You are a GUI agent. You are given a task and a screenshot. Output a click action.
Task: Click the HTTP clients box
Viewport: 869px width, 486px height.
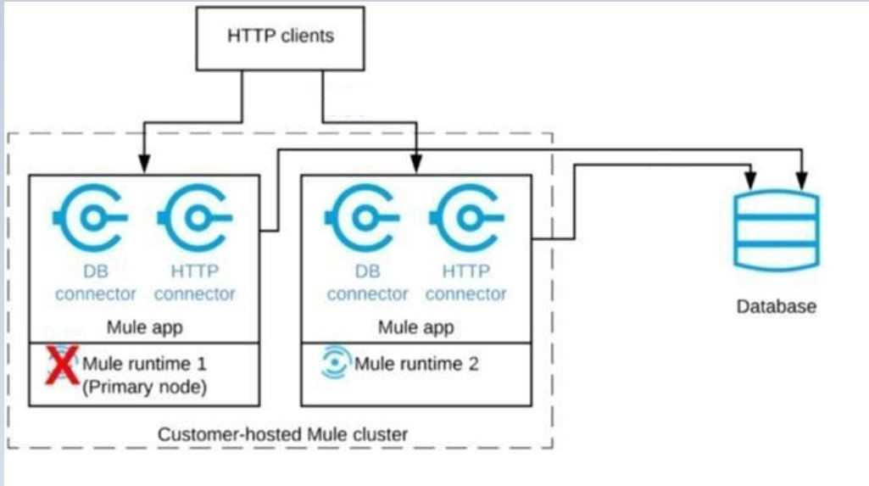tap(281, 38)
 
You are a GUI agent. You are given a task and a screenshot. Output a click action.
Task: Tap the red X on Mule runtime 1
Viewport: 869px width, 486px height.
tap(62, 365)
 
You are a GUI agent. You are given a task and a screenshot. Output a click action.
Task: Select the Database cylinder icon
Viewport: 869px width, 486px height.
tap(777, 231)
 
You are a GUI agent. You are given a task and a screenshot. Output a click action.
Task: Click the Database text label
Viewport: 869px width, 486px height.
tap(776, 306)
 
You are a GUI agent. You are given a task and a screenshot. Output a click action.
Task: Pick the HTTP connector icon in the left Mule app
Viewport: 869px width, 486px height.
tap(194, 218)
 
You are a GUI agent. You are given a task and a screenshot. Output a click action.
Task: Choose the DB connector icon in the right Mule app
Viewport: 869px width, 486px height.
tap(361, 218)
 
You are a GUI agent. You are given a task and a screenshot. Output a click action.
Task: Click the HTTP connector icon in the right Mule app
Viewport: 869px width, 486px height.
tap(466, 218)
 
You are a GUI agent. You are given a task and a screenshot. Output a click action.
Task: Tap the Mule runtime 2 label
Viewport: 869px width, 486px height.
tap(416, 364)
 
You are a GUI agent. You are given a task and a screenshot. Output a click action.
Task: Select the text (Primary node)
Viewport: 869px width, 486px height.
tap(145, 387)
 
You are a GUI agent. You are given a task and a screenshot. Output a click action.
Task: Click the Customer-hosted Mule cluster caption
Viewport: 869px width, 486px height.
tap(282, 434)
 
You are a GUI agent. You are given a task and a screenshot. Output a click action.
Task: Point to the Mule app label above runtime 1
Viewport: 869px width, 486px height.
tap(145, 327)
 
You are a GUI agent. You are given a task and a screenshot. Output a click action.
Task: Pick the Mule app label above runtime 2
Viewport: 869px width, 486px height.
tap(416, 327)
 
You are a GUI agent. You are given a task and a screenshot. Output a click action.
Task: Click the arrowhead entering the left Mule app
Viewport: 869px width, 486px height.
tap(144, 164)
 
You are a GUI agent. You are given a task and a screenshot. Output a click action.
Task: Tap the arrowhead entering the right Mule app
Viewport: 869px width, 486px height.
tap(416, 164)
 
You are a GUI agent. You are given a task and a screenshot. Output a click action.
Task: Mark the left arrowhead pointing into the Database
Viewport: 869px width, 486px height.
tap(750, 180)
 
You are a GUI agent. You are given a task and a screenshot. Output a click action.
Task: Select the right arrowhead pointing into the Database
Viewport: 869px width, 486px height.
tap(801, 180)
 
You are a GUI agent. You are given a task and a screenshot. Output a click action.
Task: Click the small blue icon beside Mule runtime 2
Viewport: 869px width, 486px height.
tap(335, 362)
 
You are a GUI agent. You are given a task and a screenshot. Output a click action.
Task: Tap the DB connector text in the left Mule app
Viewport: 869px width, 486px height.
tap(95, 282)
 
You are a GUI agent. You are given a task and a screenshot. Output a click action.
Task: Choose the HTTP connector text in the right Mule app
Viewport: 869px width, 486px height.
tap(466, 282)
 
